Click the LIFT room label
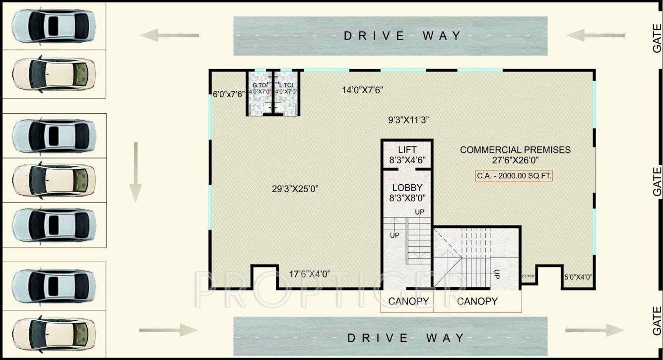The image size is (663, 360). coord(407,149)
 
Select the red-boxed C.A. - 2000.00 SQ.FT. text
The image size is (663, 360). coord(514,176)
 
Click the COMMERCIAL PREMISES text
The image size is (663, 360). coord(515,149)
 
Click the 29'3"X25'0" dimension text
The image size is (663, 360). coord(295,189)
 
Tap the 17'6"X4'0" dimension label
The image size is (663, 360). coord(310,274)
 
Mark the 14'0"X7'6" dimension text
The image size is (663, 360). coord(362,90)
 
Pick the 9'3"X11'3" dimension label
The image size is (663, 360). coord(408,120)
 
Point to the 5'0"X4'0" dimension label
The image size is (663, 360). coord(578,278)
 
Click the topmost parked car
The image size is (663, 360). coord(53,23)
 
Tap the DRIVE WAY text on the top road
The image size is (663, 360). coord(402,36)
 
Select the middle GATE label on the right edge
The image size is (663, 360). coord(657,181)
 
